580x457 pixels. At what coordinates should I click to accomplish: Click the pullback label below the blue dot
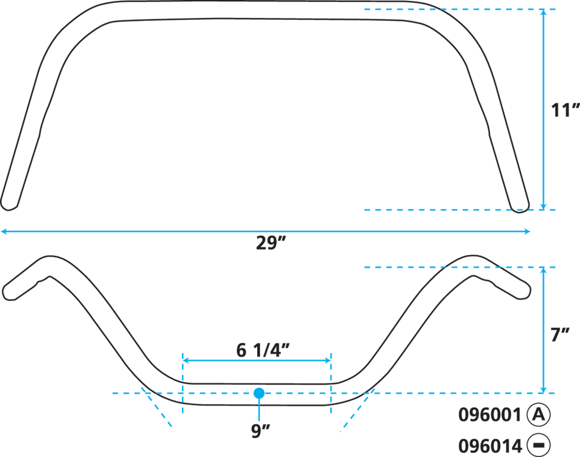click(x=258, y=432)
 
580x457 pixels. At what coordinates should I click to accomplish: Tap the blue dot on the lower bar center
click(x=259, y=392)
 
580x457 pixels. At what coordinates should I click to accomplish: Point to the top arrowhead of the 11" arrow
click(x=543, y=15)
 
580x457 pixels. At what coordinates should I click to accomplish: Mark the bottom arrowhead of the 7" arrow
click(x=543, y=388)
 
